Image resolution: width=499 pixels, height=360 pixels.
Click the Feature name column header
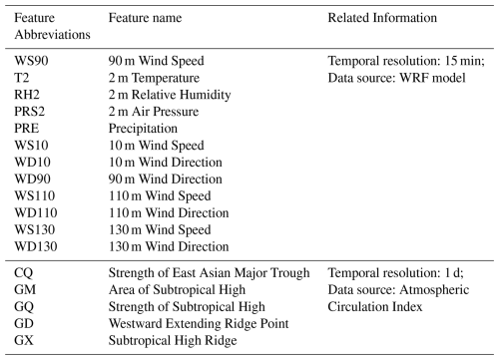pos(145,18)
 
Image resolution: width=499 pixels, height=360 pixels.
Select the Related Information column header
pos(382,18)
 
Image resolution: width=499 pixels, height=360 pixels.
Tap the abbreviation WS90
pos(31,61)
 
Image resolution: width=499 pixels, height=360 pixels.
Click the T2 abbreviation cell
pos(22,78)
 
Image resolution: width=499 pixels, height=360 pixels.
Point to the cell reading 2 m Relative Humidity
pos(170,95)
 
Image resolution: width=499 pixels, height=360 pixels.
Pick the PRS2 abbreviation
pos(29,112)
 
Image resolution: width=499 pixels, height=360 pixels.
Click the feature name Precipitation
pos(143,129)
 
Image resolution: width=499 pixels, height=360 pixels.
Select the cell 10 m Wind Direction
pos(166,163)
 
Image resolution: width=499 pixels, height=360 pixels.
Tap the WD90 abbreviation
pos(32,180)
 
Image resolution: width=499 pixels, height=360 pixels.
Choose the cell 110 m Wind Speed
pos(160,196)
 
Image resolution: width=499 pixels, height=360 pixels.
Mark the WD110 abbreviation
pos(36,212)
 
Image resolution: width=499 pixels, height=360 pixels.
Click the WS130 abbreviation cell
pos(35,229)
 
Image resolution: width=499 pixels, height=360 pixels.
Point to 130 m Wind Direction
pos(169,246)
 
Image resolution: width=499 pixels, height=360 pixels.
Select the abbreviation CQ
pos(24,273)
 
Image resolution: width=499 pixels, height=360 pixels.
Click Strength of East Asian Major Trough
pos(209,273)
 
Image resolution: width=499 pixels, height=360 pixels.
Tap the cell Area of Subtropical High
pos(177,290)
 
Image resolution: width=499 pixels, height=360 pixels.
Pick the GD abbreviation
pos(24,323)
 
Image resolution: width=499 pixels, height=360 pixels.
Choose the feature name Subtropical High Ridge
pos(173,340)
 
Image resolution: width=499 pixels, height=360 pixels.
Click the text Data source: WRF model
pos(396,78)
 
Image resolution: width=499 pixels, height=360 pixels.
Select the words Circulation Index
pos(375,307)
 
